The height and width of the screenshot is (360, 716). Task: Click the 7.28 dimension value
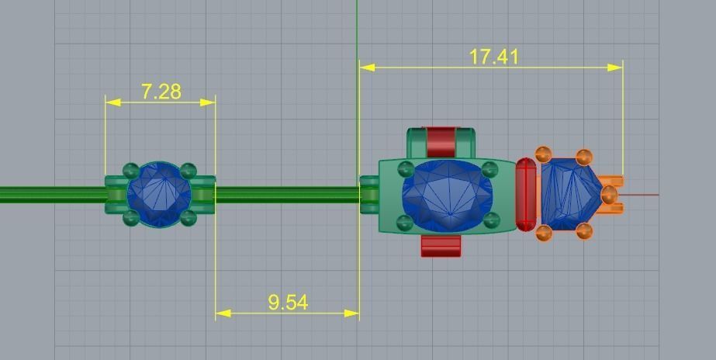[x=161, y=92]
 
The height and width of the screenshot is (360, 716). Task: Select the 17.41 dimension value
[x=494, y=57]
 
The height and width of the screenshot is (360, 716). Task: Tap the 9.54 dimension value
[x=288, y=303]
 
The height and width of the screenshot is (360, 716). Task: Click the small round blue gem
[x=159, y=194]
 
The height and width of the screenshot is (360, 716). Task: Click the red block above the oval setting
[x=441, y=141]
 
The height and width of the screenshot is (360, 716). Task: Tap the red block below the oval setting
[x=441, y=246]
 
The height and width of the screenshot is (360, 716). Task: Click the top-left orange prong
[x=545, y=154]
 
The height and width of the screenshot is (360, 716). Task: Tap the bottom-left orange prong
[x=545, y=232]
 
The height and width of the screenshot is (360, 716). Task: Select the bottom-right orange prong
[x=584, y=230]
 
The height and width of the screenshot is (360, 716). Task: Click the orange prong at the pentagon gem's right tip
[x=609, y=194]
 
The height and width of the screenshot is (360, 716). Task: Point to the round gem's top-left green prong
[x=131, y=170]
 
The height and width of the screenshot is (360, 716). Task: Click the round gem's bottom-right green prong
[x=188, y=218]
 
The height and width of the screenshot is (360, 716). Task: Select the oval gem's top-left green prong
[x=406, y=168]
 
